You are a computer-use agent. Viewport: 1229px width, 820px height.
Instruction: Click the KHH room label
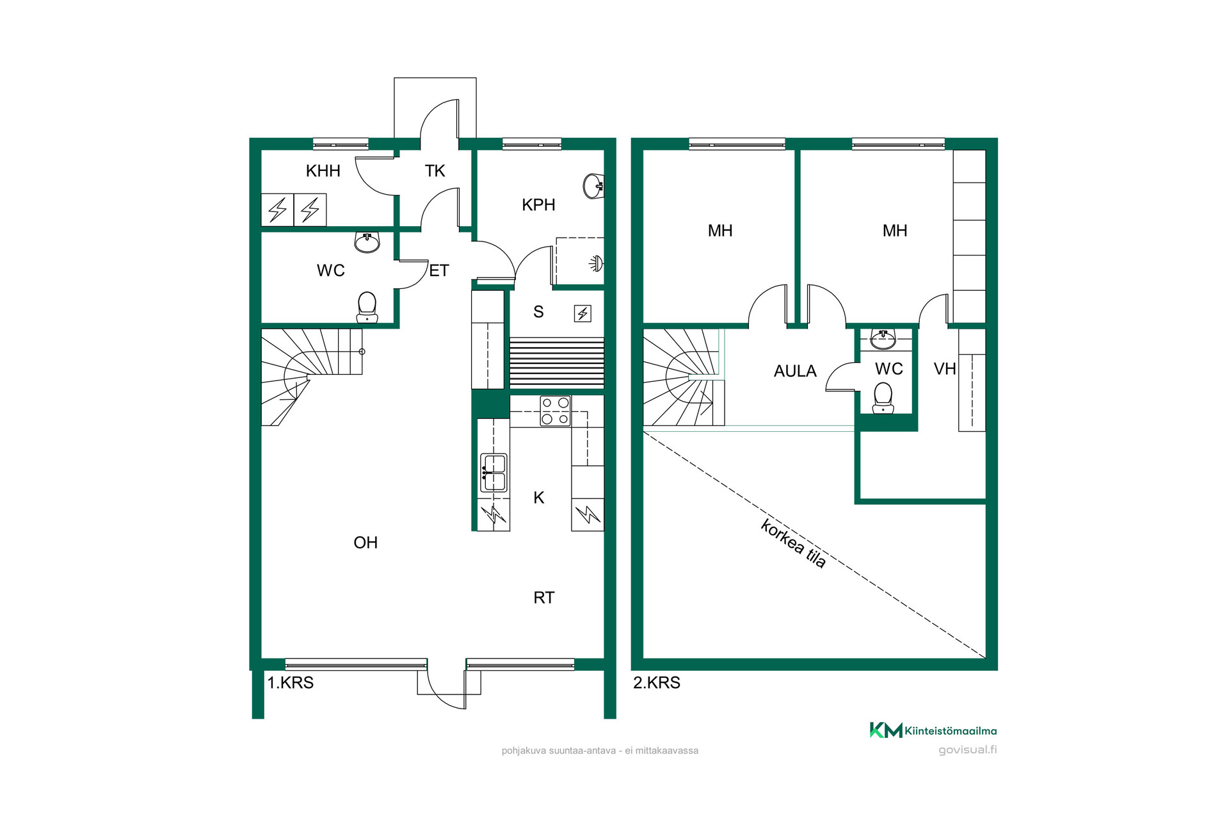click(x=323, y=171)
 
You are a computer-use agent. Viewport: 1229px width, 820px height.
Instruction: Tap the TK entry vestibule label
click(x=435, y=171)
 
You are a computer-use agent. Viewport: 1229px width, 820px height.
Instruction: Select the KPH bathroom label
click(x=538, y=205)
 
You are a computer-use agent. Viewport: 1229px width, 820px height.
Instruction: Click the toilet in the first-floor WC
click(x=367, y=307)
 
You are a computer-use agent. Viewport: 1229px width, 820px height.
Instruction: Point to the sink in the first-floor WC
click(x=367, y=242)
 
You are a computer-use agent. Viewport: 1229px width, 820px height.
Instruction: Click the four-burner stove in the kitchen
click(x=555, y=411)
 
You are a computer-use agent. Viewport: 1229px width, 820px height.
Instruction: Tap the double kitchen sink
click(x=494, y=473)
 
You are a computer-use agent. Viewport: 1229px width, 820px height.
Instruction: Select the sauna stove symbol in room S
click(x=582, y=313)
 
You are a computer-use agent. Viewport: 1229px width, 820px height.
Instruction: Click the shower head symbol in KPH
click(x=597, y=263)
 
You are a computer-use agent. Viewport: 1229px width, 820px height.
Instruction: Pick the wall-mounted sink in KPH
click(x=593, y=186)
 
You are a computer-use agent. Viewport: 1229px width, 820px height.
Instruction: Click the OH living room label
click(x=365, y=543)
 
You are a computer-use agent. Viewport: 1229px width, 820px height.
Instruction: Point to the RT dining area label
click(x=544, y=598)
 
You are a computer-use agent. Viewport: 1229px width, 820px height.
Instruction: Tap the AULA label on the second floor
click(x=795, y=372)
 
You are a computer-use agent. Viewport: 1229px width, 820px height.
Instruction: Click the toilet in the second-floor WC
click(x=883, y=398)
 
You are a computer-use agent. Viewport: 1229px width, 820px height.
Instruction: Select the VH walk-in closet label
click(x=945, y=369)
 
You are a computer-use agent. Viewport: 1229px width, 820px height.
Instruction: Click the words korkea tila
click(x=794, y=543)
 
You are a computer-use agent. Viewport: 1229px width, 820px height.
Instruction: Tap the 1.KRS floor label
click(x=290, y=683)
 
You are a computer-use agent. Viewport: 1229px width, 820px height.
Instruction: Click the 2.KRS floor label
click(x=657, y=683)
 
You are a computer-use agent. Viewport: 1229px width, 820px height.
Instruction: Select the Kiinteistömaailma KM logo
click(x=933, y=730)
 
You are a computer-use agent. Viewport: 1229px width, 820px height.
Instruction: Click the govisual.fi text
click(x=968, y=750)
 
